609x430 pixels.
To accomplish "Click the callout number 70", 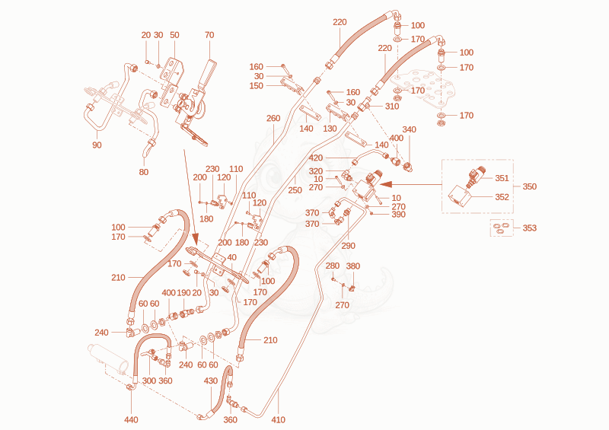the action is click(209, 35).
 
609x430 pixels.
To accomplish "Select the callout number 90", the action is click(97, 145).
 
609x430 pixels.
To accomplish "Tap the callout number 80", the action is click(144, 172).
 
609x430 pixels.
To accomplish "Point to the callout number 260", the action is click(273, 118).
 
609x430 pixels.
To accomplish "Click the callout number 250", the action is click(295, 190).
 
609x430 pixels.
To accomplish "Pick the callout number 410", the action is click(278, 419).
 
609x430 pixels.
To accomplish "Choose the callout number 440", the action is click(131, 419).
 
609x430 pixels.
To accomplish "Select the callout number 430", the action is click(211, 381).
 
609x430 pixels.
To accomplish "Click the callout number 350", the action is click(529, 186).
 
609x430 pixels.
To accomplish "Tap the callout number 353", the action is click(529, 228).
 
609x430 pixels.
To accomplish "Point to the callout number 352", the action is click(502, 197).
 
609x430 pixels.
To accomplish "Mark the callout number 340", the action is click(409, 129).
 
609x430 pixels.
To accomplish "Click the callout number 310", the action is click(392, 106).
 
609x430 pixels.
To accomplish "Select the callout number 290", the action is click(349, 246).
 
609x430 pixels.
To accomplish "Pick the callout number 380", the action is click(353, 266).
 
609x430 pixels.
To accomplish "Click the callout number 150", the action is click(257, 86).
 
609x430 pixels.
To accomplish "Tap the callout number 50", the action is click(174, 35).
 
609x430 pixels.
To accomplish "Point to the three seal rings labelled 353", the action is click(501, 228).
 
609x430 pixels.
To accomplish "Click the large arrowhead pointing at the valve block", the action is click(387, 184).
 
